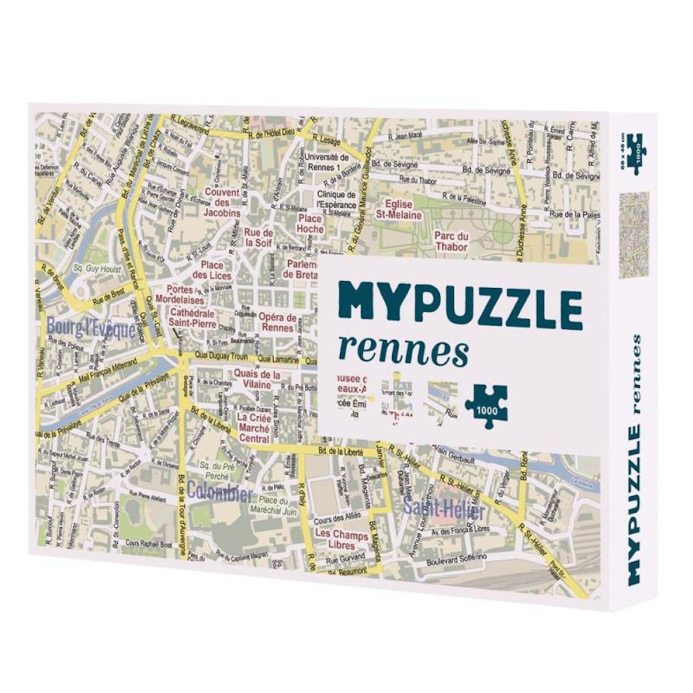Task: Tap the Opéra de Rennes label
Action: tap(278, 322)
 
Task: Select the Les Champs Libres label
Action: tap(341, 541)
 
